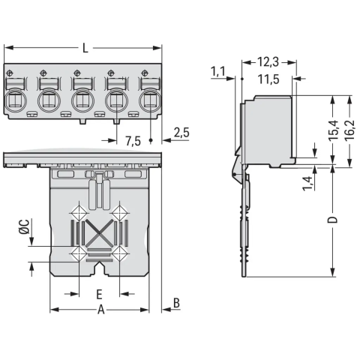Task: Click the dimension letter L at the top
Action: (85, 48)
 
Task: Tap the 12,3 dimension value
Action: (268, 62)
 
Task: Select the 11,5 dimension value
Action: (268, 79)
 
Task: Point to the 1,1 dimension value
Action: (218, 71)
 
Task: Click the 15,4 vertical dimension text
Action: (333, 130)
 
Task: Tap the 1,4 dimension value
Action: (307, 184)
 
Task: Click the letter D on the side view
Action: (333, 220)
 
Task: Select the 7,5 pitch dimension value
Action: (133, 142)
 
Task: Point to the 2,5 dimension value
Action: (181, 133)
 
